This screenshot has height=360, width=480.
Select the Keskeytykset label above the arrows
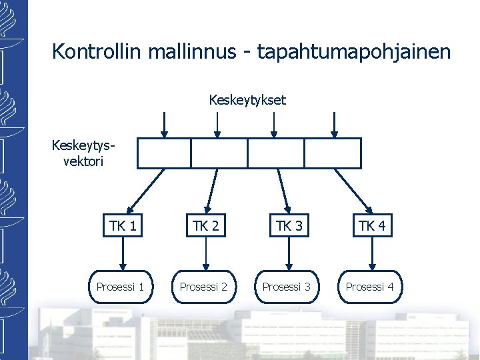coord(247,100)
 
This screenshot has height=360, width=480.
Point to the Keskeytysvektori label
coord(79,153)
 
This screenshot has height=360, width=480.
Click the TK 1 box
coord(122,226)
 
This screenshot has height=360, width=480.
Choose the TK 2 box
coord(206,226)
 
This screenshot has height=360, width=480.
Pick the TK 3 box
coord(289,226)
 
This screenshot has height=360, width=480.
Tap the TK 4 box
coord(371,226)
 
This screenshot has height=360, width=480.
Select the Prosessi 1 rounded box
coord(121,287)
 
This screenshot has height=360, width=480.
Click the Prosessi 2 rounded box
coord(204,287)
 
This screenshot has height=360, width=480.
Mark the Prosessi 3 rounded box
coord(287,287)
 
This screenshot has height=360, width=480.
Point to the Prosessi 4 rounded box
coord(369,287)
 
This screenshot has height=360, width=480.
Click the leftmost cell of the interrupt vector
coord(164,153)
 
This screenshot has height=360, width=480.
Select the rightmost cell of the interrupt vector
coord(333,153)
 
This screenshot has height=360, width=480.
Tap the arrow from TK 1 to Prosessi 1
coord(121,253)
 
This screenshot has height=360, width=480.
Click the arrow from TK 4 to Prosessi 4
coord(371,253)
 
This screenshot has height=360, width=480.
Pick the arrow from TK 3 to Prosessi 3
coord(288,253)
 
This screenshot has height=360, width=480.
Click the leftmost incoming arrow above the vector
coord(165,123)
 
